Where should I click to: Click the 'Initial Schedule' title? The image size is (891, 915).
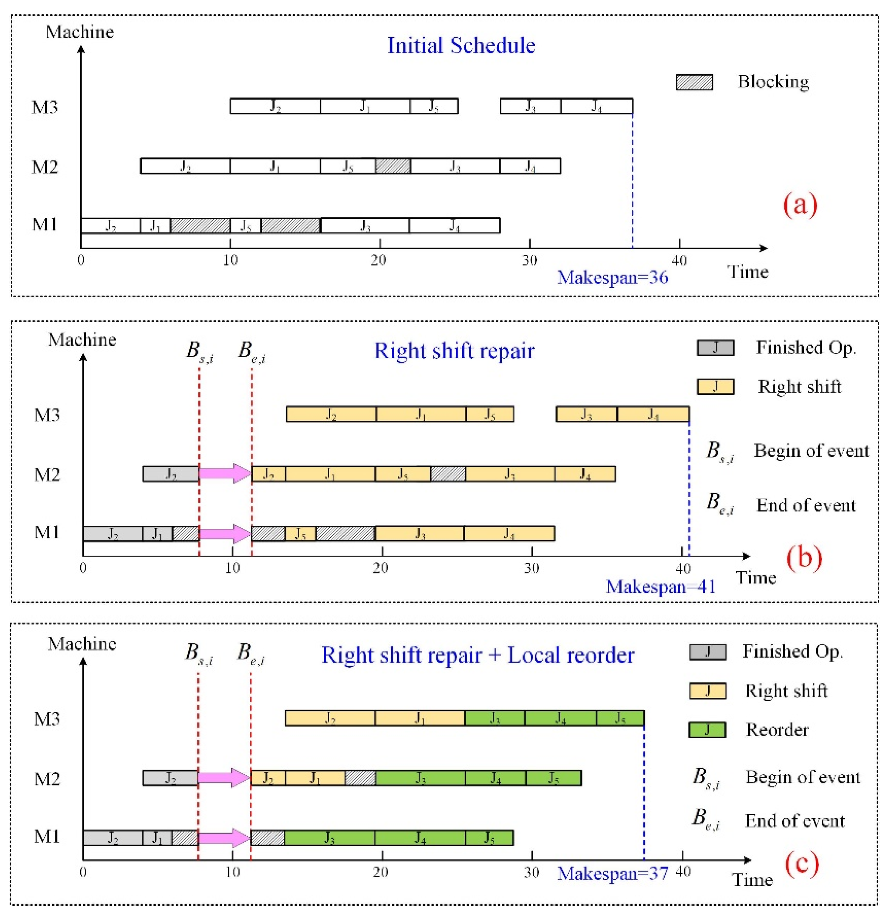point(461,46)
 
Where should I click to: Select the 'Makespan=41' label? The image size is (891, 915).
point(661,586)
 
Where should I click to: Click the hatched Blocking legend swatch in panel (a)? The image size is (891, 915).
point(695,82)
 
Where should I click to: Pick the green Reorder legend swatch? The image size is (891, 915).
point(707,730)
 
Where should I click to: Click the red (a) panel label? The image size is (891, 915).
point(800,204)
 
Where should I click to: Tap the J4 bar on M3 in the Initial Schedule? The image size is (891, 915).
point(596,106)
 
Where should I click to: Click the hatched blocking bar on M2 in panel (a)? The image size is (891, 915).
point(393,166)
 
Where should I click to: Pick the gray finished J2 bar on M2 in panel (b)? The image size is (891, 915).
point(171,474)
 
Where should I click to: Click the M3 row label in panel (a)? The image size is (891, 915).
point(45,107)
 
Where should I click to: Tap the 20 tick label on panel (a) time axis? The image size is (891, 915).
point(379,261)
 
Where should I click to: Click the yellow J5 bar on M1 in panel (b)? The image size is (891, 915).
point(300,533)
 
